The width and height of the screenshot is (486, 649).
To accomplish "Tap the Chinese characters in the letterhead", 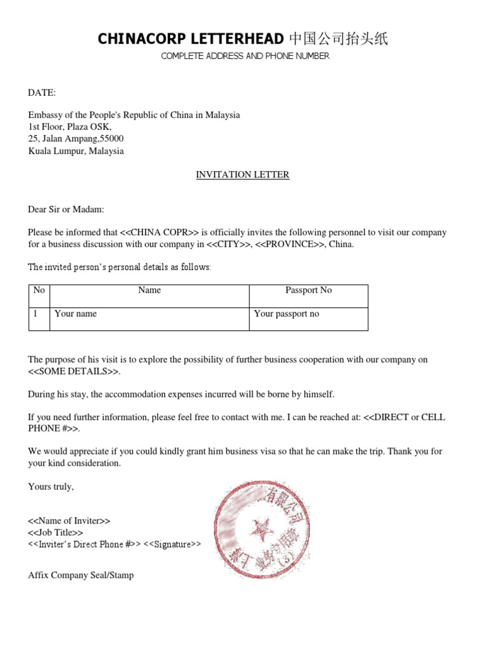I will (338, 39).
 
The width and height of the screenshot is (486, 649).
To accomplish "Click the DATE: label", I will (42, 93).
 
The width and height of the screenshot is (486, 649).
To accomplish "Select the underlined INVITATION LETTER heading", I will (242, 175).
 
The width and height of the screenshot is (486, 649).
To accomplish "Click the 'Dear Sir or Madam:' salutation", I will (66, 209).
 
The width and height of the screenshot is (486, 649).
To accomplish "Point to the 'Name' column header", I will (149, 290).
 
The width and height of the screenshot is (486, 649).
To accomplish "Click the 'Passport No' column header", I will (308, 290).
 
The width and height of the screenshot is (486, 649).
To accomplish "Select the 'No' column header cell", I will (39, 290).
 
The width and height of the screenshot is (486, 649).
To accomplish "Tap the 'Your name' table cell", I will (76, 314).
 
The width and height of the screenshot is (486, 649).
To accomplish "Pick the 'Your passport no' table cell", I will (287, 314).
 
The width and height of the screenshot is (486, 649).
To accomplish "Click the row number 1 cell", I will (36, 314).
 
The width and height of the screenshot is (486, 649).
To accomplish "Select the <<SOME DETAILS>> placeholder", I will (73, 371).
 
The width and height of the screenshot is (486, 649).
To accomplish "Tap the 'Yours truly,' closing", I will (51, 487).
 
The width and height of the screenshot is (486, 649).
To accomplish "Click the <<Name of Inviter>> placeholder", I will (70, 521).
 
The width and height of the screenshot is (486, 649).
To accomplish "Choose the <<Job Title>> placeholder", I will (56, 533).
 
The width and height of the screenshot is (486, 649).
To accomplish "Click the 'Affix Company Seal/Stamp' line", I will (81, 575).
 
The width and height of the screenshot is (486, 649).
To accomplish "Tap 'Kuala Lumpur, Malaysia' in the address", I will (76, 151).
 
